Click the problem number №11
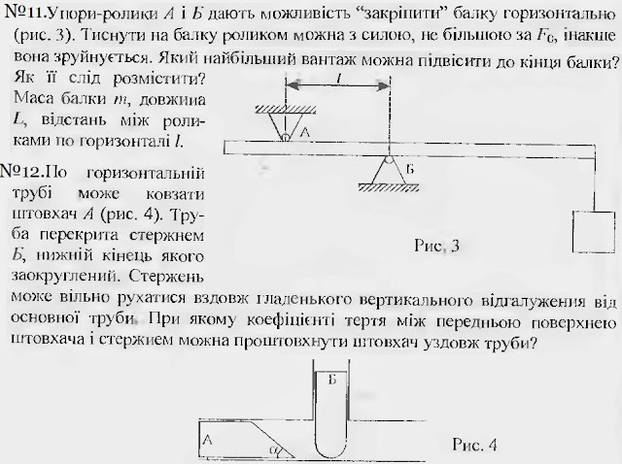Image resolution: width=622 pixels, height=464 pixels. [22, 14]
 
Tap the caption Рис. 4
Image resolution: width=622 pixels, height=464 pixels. [475, 446]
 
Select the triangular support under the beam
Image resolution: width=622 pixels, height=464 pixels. [388, 175]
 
